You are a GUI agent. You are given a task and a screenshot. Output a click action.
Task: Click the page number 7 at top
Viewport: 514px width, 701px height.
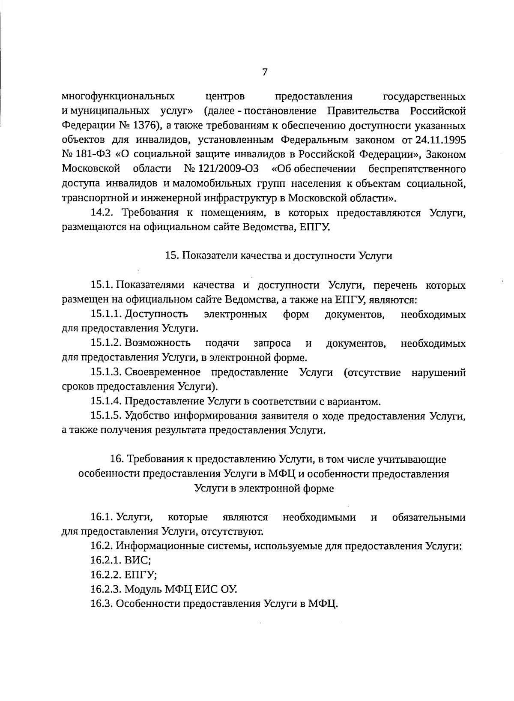(x=264, y=72)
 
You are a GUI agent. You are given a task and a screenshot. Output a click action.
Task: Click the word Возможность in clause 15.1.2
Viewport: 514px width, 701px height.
(x=158, y=343)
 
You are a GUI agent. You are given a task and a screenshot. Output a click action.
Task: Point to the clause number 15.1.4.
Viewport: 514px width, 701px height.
(x=106, y=401)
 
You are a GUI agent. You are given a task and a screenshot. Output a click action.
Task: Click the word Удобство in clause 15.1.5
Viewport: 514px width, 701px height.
(x=144, y=416)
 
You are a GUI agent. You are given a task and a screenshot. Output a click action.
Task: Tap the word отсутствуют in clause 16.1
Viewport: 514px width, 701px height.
(x=231, y=532)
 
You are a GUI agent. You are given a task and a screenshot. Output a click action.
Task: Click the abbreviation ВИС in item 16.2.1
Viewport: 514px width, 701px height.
(x=137, y=561)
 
